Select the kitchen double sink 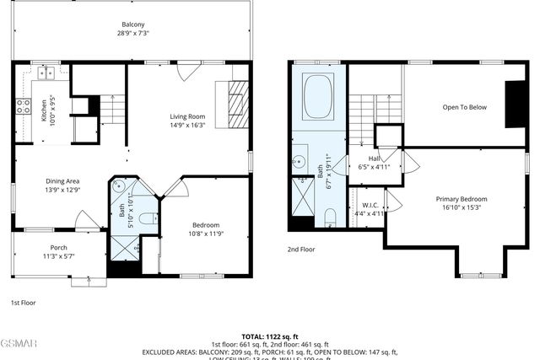tap(43, 73)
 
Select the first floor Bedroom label tap(205, 224)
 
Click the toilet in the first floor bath tap(147, 219)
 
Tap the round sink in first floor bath tap(121, 188)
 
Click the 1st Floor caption tap(23, 302)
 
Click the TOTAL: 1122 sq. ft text tap(270, 336)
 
